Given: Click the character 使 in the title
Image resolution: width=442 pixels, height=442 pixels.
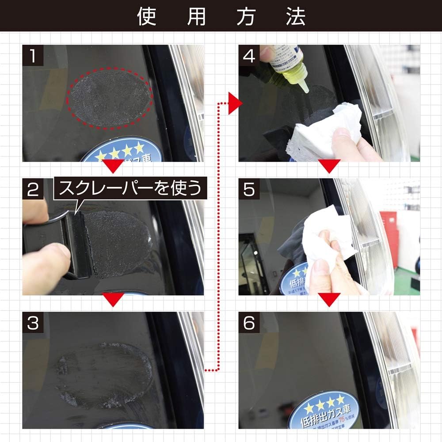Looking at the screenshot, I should [146, 16].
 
